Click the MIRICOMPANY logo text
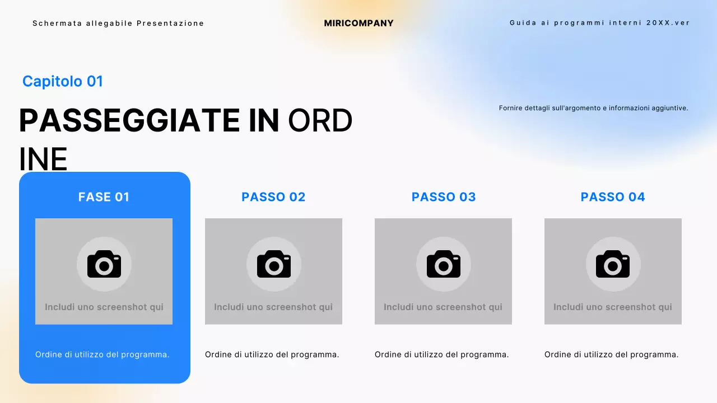tap(358, 24)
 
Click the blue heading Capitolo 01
tap(63, 81)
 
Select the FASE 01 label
tap(104, 197)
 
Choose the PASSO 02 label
tap(273, 197)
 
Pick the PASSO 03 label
tap(444, 197)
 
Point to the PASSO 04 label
tap(613, 197)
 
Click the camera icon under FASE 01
tap(104, 264)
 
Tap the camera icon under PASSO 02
tap(274, 264)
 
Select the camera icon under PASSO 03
tap(444, 264)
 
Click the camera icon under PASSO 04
tap(613, 264)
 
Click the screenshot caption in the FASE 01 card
tap(104, 307)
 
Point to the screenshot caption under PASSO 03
tap(443, 307)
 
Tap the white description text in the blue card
tap(103, 354)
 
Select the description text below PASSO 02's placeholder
tap(272, 354)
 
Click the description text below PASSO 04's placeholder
tap(612, 354)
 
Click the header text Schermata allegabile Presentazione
tap(118, 24)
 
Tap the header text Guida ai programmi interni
tap(599, 23)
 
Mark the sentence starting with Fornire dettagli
tap(593, 108)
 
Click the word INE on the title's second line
tap(43, 160)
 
